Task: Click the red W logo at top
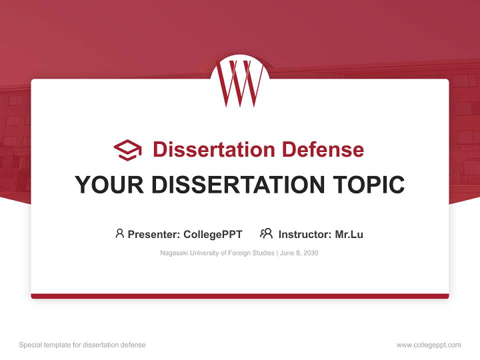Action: (x=240, y=82)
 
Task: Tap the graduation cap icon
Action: (x=127, y=150)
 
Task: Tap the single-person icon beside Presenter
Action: (x=119, y=233)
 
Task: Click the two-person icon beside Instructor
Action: (x=266, y=233)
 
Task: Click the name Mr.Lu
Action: (x=349, y=234)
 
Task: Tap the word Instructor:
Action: (x=305, y=234)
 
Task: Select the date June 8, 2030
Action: (x=298, y=253)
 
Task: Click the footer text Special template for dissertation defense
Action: (x=82, y=345)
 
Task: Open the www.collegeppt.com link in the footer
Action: (x=428, y=345)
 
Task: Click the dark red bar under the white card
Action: (x=240, y=296)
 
